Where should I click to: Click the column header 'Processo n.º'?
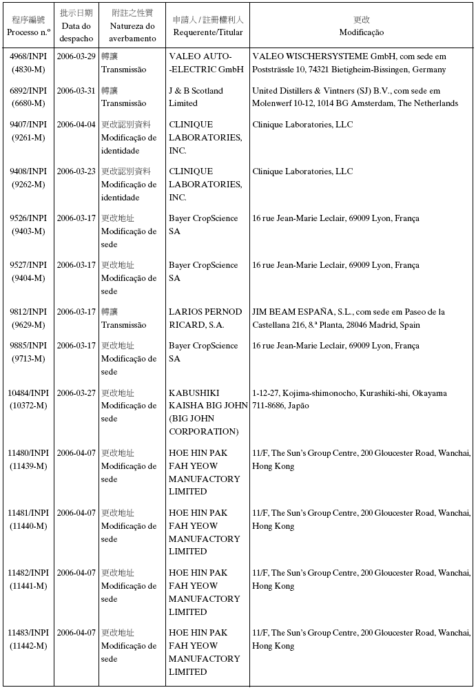pyautogui.click(x=28, y=32)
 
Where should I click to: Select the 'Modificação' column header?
pyautogui.click(x=361, y=32)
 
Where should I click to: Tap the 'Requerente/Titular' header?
pyautogui.click(x=207, y=32)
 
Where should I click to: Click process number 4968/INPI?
pyautogui.click(x=28, y=56)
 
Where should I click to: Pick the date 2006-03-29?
pyautogui.click(x=76, y=56)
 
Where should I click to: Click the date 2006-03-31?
pyautogui.click(x=76, y=91)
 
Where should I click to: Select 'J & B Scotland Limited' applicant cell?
pyautogui.click(x=196, y=97)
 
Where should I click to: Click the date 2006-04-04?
pyautogui.click(x=76, y=125)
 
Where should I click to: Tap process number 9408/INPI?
pyautogui.click(x=28, y=171)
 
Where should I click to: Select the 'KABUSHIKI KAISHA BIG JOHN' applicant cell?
pyautogui.click(x=207, y=412)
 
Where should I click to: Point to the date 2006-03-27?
pyautogui.click(x=76, y=393)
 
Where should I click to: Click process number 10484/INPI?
pyautogui.click(x=28, y=393)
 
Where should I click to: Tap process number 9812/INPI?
pyautogui.click(x=28, y=312)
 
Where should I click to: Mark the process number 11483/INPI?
pyautogui.click(x=28, y=633)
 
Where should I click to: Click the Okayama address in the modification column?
pyautogui.click(x=349, y=399)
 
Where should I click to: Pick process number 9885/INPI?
pyautogui.click(x=28, y=346)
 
